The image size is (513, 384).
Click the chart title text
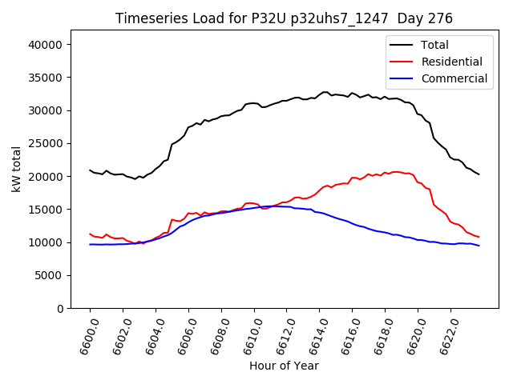[284, 18]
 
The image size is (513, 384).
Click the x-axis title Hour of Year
[284, 366]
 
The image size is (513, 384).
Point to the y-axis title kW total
[17, 170]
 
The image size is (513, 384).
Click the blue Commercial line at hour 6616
[352, 223]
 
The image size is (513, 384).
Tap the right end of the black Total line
[479, 174]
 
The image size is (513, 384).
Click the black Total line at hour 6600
[90, 170]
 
